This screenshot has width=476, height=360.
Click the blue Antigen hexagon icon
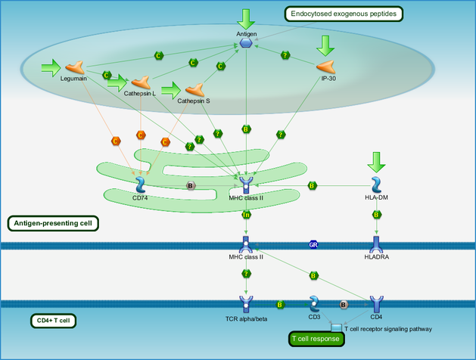246,43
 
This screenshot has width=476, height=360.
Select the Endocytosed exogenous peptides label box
344,14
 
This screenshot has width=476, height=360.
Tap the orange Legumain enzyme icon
75,67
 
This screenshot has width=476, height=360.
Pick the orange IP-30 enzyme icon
325,67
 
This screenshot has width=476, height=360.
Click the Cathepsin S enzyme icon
195,90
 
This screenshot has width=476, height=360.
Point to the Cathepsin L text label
140,94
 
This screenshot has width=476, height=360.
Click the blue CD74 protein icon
141,185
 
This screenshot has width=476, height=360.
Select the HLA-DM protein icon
376,185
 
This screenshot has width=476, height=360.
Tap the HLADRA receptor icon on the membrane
376,245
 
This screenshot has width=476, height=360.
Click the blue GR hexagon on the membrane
313,244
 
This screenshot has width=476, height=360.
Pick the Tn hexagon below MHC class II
246,215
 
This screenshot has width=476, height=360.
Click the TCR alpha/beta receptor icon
246,304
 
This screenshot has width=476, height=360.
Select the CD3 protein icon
314,304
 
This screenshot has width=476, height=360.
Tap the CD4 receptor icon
376,304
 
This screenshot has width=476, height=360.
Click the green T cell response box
316,339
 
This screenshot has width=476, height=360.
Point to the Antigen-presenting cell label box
53,224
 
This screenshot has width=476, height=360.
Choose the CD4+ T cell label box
53,321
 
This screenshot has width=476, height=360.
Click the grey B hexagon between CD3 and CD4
344,305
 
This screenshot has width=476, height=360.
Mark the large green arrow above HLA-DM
376,163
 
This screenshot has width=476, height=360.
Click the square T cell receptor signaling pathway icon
336,327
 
